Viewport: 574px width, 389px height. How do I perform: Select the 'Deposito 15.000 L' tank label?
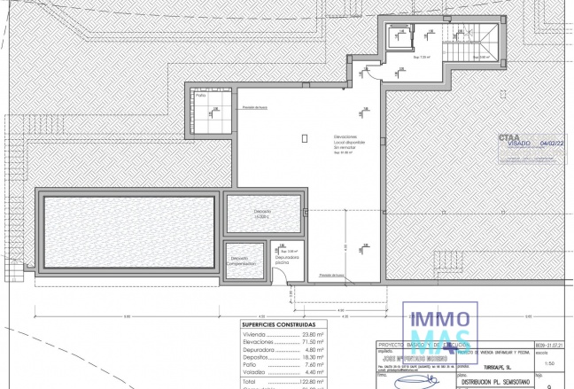pos(263,214)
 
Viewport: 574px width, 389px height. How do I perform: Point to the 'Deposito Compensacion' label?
pos(241,261)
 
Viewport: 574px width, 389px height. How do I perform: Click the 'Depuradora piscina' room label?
pos(286,260)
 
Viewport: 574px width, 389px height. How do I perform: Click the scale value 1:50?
pos(549,363)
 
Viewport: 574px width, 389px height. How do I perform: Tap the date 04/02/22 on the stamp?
pos(551,142)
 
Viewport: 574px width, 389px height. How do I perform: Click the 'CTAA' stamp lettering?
pos(509,136)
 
